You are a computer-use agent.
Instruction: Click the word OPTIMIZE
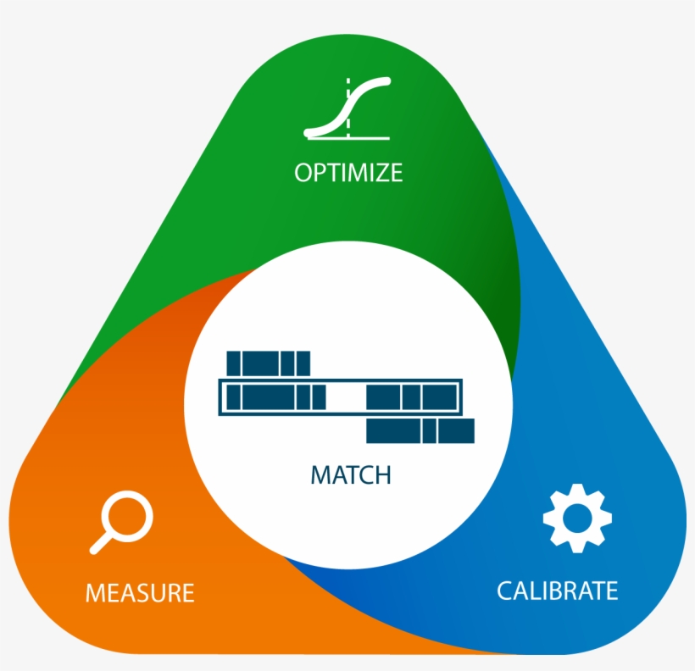click(348, 173)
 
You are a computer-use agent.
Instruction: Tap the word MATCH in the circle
click(351, 474)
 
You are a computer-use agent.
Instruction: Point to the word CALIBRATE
click(557, 591)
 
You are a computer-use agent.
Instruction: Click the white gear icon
click(576, 518)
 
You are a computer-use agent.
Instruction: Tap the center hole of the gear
click(576, 518)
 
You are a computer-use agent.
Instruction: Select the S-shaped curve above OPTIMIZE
click(347, 108)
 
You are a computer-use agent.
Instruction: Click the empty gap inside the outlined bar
click(346, 396)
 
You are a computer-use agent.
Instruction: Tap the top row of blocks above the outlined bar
click(268, 363)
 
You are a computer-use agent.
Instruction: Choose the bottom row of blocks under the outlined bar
click(420, 431)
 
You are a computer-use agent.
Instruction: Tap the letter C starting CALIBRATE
click(505, 591)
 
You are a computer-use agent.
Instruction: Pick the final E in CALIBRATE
click(610, 591)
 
